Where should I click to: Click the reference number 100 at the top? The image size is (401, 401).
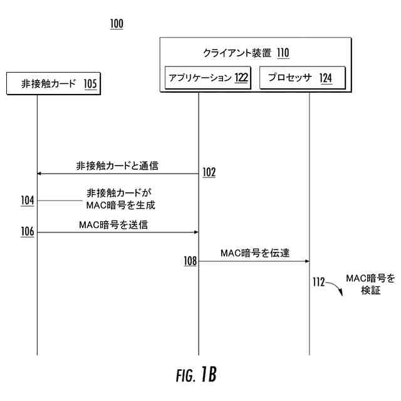pyautogui.click(x=117, y=24)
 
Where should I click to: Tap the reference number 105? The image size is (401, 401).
pyautogui.click(x=90, y=84)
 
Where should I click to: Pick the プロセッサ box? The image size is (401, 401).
pyautogui.click(x=302, y=78)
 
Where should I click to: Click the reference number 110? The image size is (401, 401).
pyautogui.click(x=283, y=53)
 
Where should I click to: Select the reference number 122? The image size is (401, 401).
pyautogui.click(x=241, y=78)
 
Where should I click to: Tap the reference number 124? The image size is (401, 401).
pyautogui.click(x=325, y=78)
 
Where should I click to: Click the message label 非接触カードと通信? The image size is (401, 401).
pyautogui.click(x=117, y=166)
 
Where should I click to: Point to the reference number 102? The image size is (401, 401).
pyautogui.click(x=209, y=172)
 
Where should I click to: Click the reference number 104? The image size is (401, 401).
pyautogui.click(x=28, y=200)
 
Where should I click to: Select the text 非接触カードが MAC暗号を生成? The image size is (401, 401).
pyautogui.click(x=120, y=199)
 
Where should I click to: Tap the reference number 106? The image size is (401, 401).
pyautogui.click(x=28, y=232)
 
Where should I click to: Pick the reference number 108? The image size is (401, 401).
pyautogui.click(x=190, y=260)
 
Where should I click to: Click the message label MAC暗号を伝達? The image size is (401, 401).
pyautogui.click(x=254, y=253)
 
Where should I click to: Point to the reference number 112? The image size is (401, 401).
pyautogui.click(x=318, y=283)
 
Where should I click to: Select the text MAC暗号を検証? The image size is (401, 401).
pyautogui.click(x=371, y=284)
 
